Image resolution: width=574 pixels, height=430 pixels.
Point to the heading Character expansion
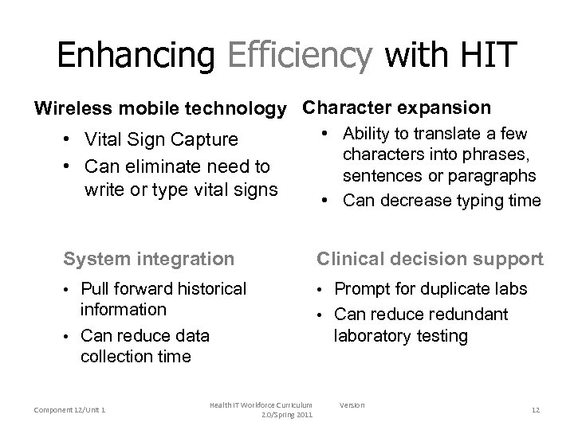[x=397, y=107]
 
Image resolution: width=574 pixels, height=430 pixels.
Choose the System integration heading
[x=149, y=259]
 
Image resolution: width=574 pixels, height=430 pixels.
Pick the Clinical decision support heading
[x=431, y=259]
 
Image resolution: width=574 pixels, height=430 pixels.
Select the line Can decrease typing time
[x=442, y=201]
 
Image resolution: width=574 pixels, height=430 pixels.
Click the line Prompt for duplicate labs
[x=431, y=291]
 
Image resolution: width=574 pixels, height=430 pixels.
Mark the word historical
[x=206, y=287]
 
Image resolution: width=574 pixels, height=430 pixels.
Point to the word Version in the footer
[x=352, y=405]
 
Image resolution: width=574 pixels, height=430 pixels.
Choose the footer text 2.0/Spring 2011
[x=287, y=415]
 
